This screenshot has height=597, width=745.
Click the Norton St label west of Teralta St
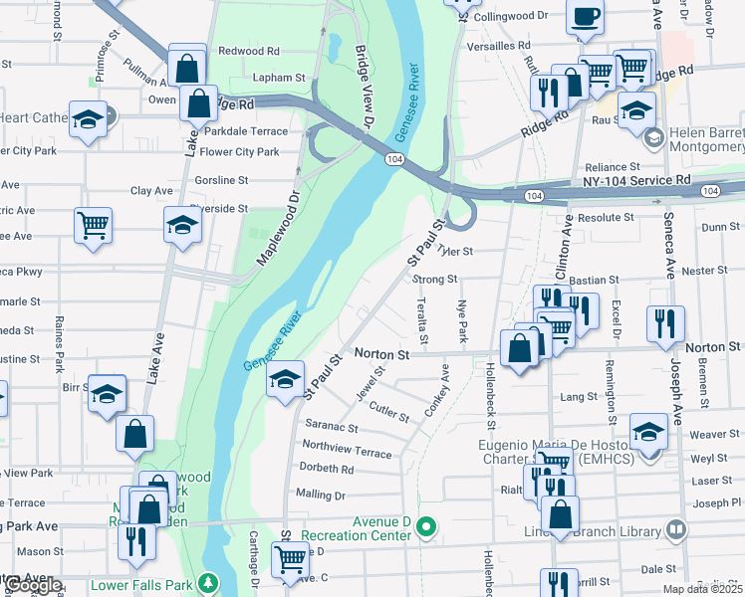(x=382, y=353)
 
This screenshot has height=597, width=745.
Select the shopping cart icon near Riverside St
(x=93, y=224)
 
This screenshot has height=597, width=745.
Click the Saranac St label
(x=332, y=425)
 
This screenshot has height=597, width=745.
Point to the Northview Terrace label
(x=348, y=449)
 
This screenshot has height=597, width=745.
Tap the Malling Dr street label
(x=320, y=495)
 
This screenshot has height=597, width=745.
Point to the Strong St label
(x=434, y=280)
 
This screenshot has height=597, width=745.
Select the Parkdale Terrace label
(x=243, y=131)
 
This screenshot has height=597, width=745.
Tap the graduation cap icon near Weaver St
(x=648, y=432)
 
